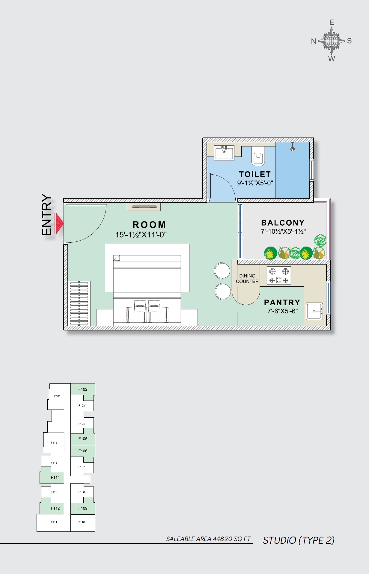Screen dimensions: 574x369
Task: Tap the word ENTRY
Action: pyautogui.click(x=47, y=215)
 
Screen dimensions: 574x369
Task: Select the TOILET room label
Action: pyautogui.click(x=255, y=174)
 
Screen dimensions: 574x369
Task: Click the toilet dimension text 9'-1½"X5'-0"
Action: pyautogui.click(x=255, y=183)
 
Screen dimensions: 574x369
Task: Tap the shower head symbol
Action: pyautogui.click(x=293, y=149)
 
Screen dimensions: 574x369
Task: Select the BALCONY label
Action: pyautogui.click(x=283, y=223)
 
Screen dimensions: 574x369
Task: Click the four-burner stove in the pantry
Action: pyautogui.click(x=279, y=276)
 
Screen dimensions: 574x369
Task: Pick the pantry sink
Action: pyautogui.click(x=314, y=311)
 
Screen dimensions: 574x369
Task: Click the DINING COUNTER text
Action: pyautogui.click(x=247, y=279)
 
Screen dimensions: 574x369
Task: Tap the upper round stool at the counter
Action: pyautogui.click(x=222, y=270)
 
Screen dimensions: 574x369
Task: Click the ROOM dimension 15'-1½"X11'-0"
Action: pyautogui.click(x=141, y=235)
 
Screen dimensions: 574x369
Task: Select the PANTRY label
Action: pyautogui.click(x=282, y=303)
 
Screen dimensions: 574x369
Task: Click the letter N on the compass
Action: pyautogui.click(x=314, y=41)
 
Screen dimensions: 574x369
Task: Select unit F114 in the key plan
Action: pyautogui.click(x=55, y=478)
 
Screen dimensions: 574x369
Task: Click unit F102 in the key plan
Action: pyautogui.click(x=83, y=389)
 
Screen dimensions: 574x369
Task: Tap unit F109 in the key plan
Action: pyautogui.click(x=83, y=508)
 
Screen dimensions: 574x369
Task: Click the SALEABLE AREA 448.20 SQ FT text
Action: pyautogui.click(x=208, y=539)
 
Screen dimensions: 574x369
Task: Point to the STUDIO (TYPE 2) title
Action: pyautogui.click(x=299, y=540)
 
